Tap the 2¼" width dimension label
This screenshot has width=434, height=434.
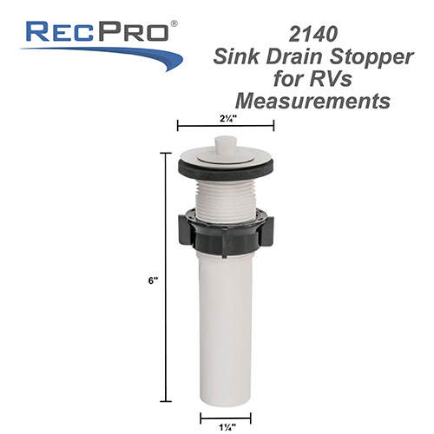[x=226, y=115]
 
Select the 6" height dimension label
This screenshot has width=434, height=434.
[x=153, y=280]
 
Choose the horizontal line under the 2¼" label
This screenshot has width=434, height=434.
[x=226, y=126]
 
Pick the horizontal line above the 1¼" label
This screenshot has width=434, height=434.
[x=226, y=404]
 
